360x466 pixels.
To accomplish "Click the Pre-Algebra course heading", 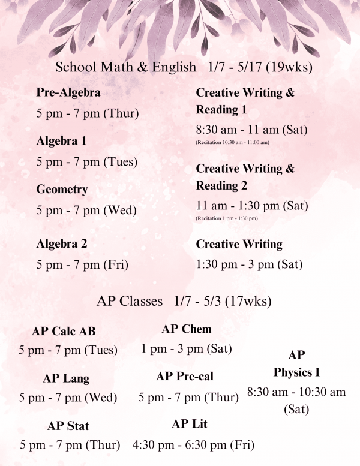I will [x=68, y=93].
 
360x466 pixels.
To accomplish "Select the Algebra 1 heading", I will [x=61, y=141].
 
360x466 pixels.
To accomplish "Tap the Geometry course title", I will [x=62, y=189].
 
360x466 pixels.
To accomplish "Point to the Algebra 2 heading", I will [x=61, y=243].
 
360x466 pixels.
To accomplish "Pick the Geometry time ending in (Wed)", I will [x=86, y=210].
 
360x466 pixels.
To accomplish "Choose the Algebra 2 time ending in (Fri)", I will [x=83, y=264].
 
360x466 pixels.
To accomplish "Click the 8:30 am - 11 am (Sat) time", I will [x=252, y=130].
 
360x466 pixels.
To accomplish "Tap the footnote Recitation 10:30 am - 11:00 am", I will [x=233, y=142].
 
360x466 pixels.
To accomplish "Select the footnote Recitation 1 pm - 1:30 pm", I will [x=227, y=218].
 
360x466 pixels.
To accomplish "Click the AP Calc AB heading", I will [x=64, y=332].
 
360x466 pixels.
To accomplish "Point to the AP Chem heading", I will [x=187, y=329].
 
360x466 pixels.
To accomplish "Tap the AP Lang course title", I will [x=66, y=378].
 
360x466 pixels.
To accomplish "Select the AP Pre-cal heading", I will [x=185, y=377].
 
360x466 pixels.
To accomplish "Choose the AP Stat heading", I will [x=68, y=426].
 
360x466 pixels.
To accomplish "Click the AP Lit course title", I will [x=190, y=424].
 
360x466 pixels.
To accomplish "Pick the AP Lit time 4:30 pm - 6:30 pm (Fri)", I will [x=193, y=445].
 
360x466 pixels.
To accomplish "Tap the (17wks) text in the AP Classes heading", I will [x=254, y=300].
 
